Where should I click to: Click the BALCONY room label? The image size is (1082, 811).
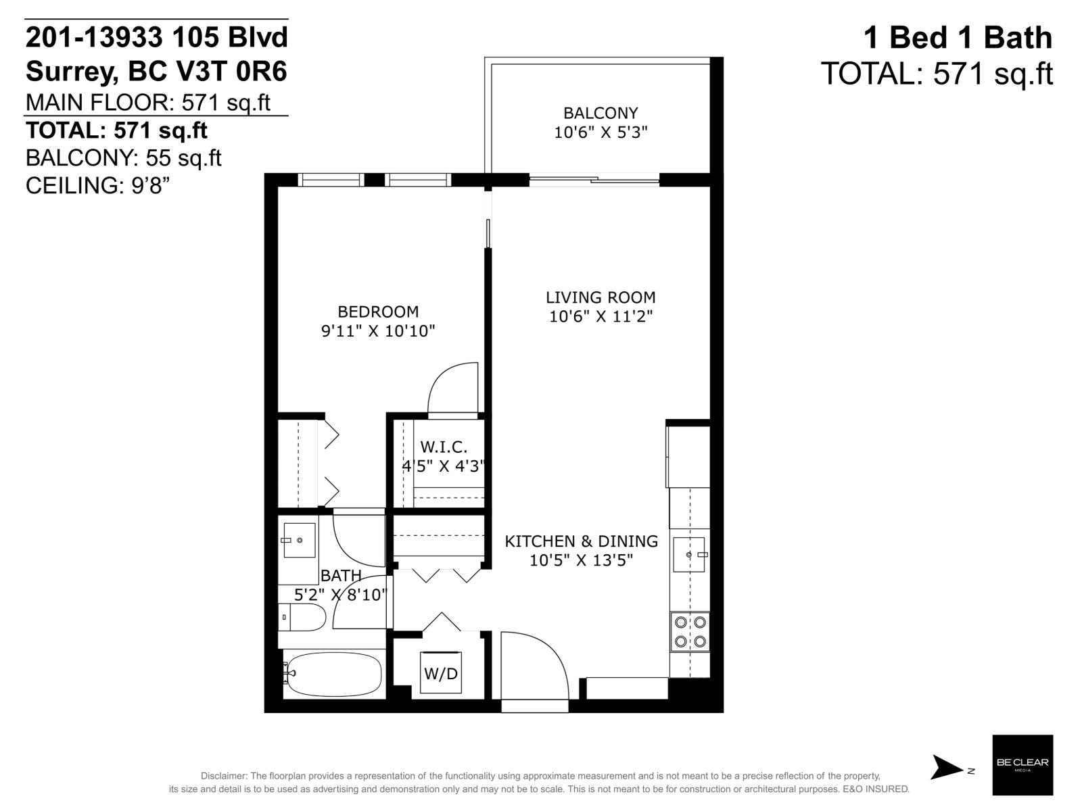pos(601,113)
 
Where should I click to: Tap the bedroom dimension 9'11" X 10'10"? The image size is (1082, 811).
pos(378,331)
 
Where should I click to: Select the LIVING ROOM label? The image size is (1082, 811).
pos(601,297)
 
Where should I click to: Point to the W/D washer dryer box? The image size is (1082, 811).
pos(441,673)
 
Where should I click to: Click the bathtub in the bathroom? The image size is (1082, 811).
pos(332,674)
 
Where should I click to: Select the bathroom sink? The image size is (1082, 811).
pos(299,540)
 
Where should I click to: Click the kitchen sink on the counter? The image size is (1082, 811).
pos(689,555)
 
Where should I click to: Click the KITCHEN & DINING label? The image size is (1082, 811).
pos(582,541)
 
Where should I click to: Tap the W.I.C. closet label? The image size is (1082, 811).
pos(444,447)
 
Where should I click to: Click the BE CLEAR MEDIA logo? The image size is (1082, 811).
pos(1022,764)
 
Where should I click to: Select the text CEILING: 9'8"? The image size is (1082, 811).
pos(97,185)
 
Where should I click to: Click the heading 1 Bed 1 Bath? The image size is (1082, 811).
pos(958,38)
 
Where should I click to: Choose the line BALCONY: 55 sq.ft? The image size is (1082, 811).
pos(124,157)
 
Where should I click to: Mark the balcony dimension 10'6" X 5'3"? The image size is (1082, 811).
pos(601,132)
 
